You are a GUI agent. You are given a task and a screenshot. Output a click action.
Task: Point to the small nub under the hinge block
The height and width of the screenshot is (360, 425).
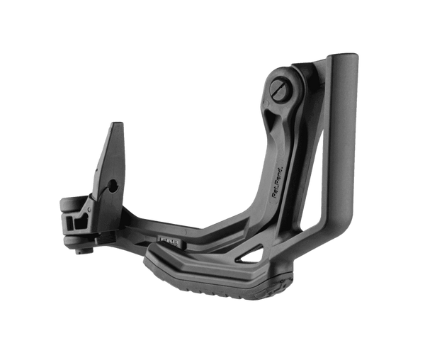tap(77, 245)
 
